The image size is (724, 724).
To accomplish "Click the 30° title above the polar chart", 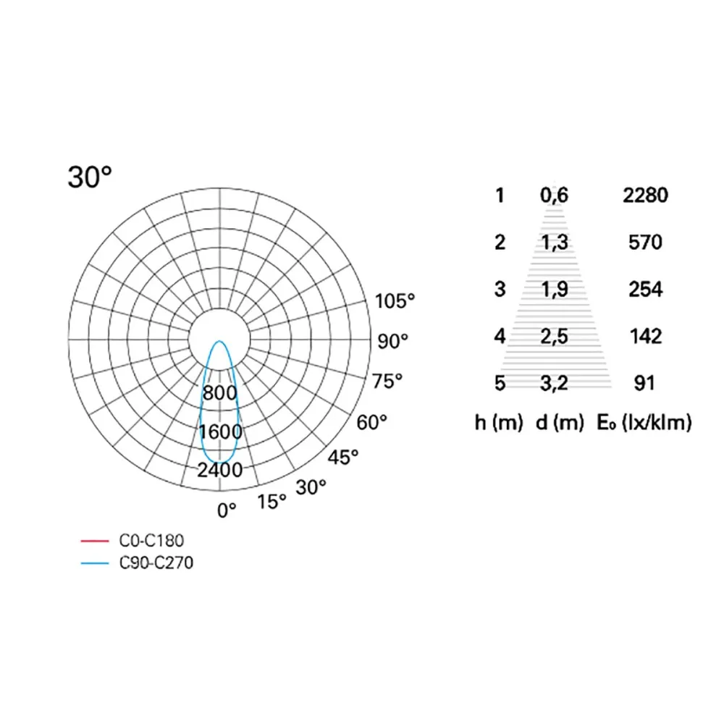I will click(90, 177).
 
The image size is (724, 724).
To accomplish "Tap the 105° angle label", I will click(396, 301).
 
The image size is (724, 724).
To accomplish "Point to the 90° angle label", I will click(393, 341).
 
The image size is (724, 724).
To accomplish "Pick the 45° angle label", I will click(342, 458).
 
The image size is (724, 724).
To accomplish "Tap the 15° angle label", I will click(272, 501).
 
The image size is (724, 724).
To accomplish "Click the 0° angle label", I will click(227, 510).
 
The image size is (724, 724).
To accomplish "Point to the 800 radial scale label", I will click(219, 394).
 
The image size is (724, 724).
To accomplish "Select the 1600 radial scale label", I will click(221, 432).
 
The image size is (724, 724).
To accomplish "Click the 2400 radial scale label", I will click(221, 470).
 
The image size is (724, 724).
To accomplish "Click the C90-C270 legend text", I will click(156, 562).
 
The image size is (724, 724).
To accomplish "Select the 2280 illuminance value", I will click(645, 195).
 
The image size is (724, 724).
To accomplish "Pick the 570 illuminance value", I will click(645, 242).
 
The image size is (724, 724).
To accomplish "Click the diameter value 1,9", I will click(554, 289).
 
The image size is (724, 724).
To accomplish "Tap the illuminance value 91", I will click(644, 383).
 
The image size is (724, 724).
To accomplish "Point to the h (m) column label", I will click(499, 424).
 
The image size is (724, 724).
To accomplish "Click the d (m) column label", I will click(560, 424).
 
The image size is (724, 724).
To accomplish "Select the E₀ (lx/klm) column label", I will click(644, 424).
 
